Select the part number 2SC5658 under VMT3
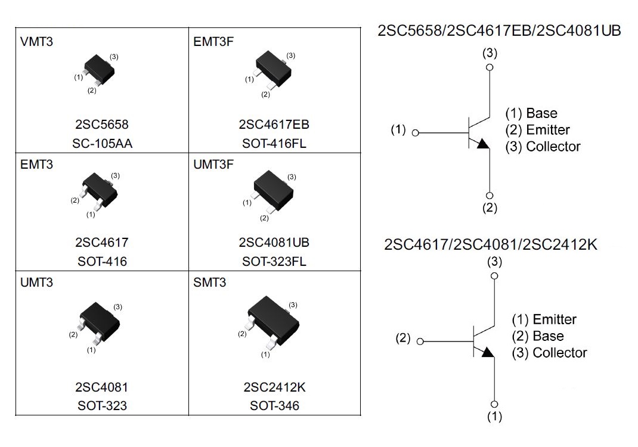[102, 125]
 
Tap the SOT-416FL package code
[274, 143]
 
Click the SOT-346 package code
[274, 406]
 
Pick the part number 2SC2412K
[274, 387]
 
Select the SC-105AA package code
[102, 143]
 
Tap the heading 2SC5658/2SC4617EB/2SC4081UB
[499, 31]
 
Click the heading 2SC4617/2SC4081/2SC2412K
[491, 244]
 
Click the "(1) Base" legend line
[531, 113]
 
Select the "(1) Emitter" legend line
[544, 319]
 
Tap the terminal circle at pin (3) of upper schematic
[490, 67]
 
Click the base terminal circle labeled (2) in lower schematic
[420, 342]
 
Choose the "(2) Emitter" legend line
[537, 130]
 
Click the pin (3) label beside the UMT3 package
[117, 307]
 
